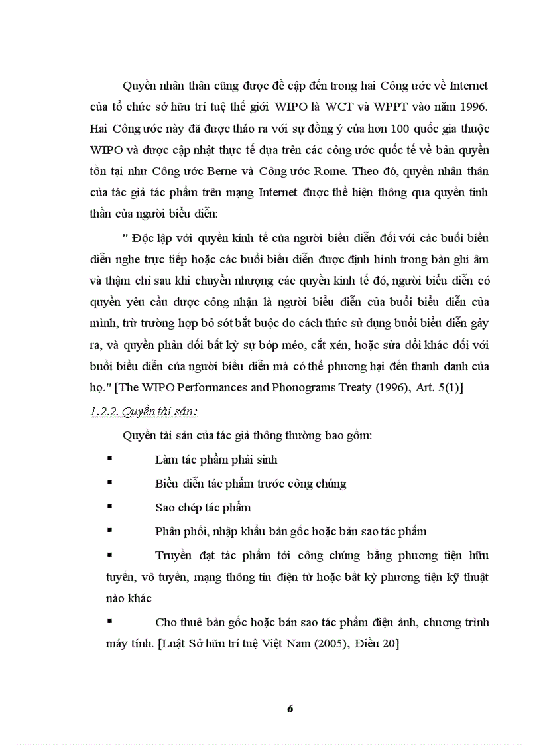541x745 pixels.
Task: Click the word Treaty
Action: pyautogui.click(x=351, y=388)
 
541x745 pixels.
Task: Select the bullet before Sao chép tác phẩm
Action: pyautogui.click(x=109, y=507)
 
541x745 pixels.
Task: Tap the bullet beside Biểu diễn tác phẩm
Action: pyautogui.click(x=109, y=483)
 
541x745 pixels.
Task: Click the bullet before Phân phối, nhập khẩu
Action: pyautogui.click(x=109, y=531)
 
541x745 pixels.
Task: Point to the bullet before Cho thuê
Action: pyautogui.click(x=109, y=622)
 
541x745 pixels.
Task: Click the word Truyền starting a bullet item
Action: pyautogui.click(x=174, y=555)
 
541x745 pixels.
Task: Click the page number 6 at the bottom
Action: pyautogui.click(x=290, y=708)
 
